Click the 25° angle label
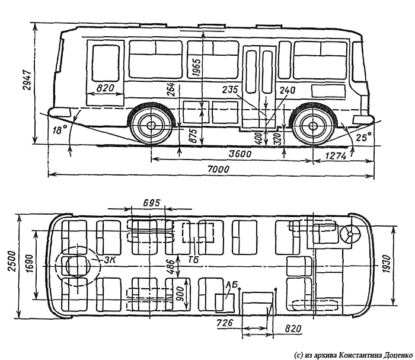pos(363,137)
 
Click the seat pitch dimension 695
pos(152,203)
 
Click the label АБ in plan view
pos(231,286)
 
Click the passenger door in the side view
pos(260,86)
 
